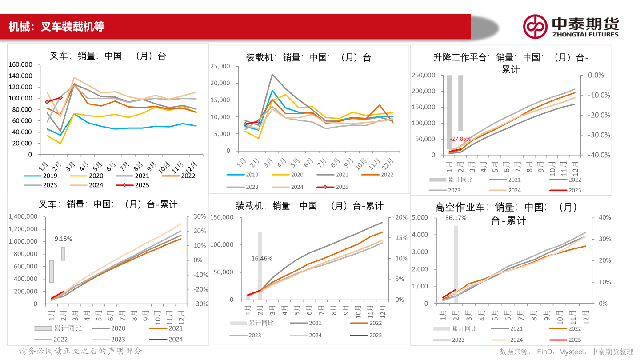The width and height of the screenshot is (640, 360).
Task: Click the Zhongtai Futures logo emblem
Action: (535, 26)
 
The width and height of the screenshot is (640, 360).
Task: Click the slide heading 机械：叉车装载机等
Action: (56, 27)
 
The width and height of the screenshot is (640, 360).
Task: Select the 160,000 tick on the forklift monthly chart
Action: (20, 64)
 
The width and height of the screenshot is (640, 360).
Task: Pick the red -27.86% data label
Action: (460, 139)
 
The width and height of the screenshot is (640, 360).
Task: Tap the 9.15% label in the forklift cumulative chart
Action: (63, 239)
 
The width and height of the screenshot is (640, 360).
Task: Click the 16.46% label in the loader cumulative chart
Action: (262, 258)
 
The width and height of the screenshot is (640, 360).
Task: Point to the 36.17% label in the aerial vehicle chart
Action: (456, 218)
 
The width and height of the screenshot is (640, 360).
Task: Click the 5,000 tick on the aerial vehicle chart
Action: (420, 217)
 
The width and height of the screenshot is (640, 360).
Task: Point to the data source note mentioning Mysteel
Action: (566, 352)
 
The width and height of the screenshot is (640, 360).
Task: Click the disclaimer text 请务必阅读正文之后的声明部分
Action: (80, 351)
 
